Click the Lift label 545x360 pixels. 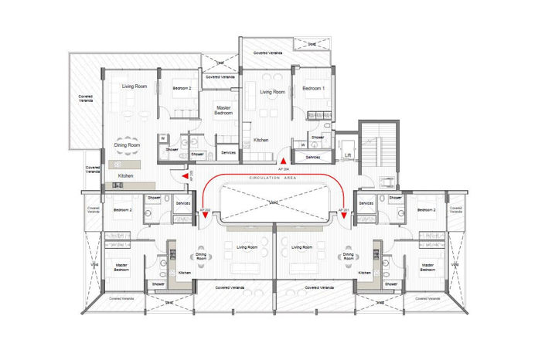[349, 155]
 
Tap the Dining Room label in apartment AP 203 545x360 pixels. [127, 144]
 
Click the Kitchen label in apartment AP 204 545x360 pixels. [261, 140]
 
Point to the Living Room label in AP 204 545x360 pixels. [272, 92]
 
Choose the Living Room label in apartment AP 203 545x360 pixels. [135, 87]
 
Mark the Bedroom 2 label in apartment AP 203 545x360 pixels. [182, 87]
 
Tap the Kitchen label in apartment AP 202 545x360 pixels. [185, 273]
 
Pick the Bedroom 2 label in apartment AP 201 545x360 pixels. [424, 209]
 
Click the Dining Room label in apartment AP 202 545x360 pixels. [201, 255]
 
